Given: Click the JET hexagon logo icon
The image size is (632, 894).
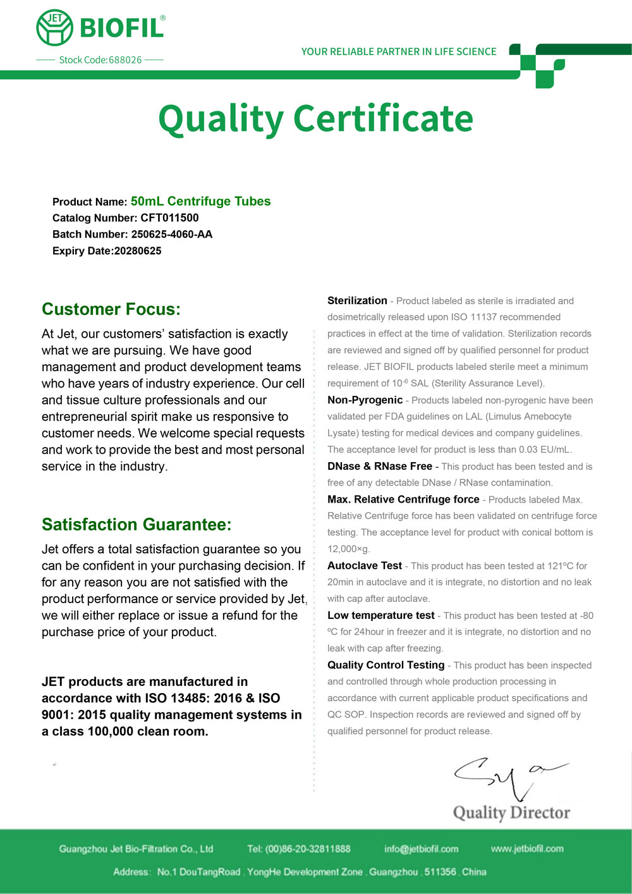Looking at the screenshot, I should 55,27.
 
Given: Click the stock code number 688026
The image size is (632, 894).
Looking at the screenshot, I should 125,60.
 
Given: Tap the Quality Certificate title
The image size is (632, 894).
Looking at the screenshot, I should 315,118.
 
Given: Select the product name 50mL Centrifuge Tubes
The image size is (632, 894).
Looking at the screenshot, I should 200,201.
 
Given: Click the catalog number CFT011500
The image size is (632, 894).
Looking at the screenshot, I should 169,218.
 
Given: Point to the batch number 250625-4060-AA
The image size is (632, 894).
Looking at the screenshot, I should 171,235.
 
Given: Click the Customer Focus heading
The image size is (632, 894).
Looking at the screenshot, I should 111,309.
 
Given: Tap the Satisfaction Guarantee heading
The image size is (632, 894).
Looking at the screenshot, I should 137,525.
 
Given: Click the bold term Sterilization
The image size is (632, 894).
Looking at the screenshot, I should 357,301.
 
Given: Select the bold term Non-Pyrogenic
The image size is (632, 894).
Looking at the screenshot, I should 365,400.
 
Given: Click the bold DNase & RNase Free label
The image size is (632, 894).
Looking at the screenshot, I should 380,467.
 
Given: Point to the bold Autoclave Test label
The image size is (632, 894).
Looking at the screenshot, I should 365,566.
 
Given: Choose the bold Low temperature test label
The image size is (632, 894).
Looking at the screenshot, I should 381,615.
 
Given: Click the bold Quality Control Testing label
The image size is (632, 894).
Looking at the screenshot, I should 386,665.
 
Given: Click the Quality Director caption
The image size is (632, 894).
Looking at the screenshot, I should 511,812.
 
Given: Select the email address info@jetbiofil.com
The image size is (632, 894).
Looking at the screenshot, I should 421,849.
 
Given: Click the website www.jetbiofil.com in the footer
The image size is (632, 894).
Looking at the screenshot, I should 527,848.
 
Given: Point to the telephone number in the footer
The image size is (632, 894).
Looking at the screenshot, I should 308,849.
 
